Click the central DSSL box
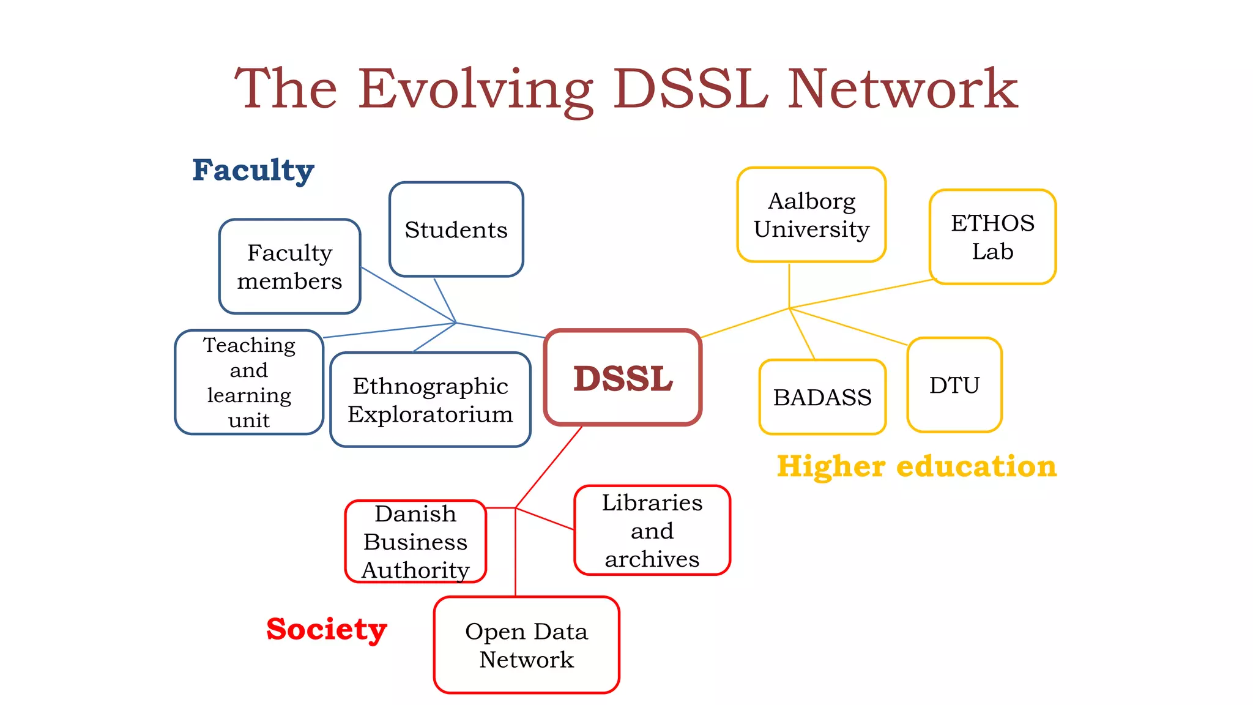coord(623,378)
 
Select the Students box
coord(456,229)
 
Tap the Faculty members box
coord(289,267)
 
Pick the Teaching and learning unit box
coord(249,382)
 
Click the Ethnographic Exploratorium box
coord(430,400)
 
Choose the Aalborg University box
coord(811,215)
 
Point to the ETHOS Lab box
coord(992,237)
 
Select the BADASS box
coord(822,397)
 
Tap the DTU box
coord(954,385)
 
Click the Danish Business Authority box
coord(415,542)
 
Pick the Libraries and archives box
coord(652,531)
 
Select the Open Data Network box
coord(526,645)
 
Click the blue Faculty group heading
coord(253,170)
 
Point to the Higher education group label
coord(917,466)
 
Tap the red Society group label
coord(327,629)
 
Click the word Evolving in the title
coord(475,90)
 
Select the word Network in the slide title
coord(902,90)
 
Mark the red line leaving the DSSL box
coord(549,467)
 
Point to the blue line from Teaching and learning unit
coord(389,330)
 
